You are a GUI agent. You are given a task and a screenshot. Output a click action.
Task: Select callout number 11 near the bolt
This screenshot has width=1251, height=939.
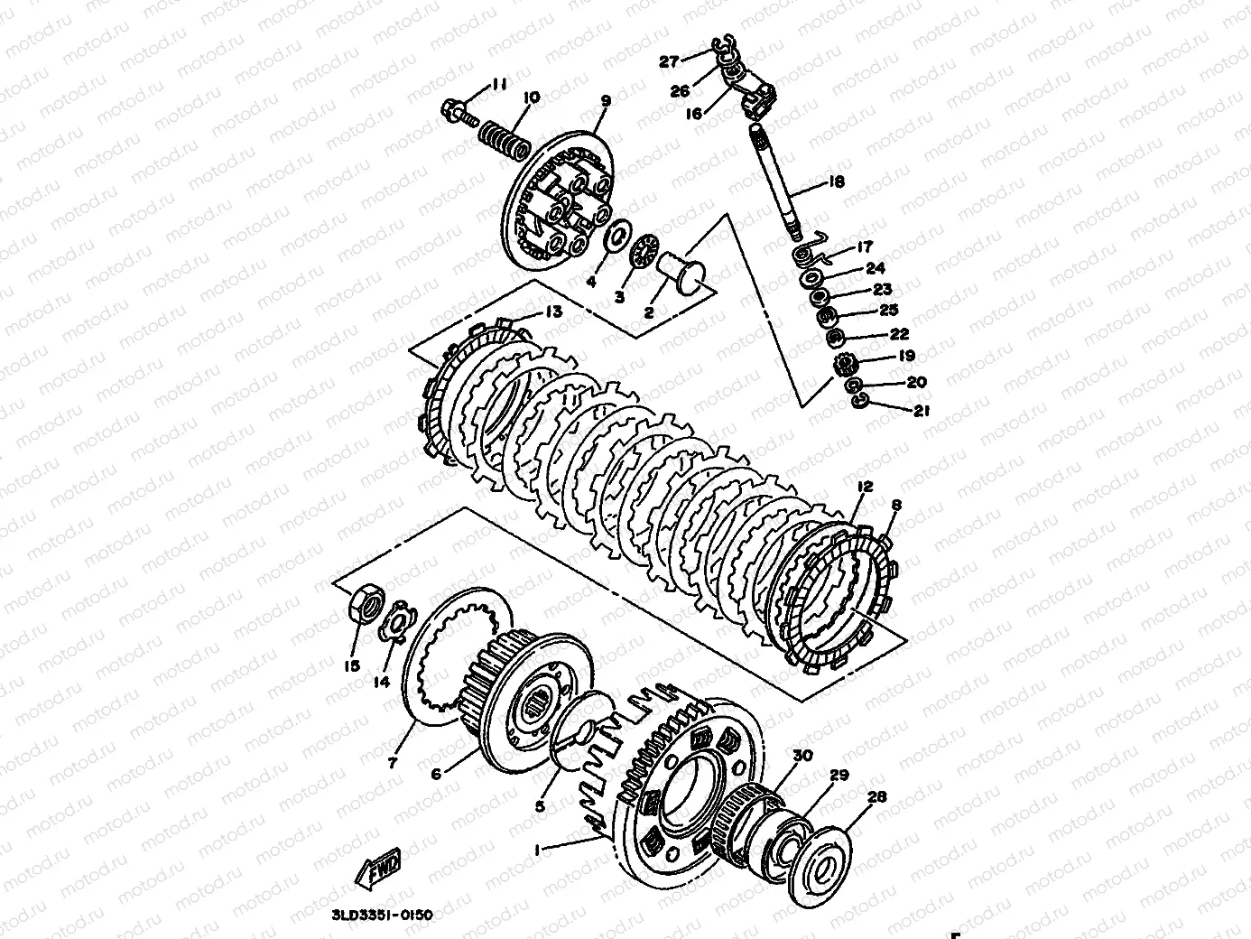click(499, 85)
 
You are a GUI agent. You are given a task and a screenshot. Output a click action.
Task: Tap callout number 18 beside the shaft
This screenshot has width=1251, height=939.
click(836, 181)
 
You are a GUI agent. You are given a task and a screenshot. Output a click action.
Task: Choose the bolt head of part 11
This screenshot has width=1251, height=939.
click(454, 113)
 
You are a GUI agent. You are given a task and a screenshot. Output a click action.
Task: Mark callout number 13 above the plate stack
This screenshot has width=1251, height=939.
click(552, 311)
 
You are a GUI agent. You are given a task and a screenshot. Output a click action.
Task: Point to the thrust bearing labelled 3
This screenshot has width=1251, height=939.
click(643, 250)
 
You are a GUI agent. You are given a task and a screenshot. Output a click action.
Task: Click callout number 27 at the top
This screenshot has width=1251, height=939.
click(669, 61)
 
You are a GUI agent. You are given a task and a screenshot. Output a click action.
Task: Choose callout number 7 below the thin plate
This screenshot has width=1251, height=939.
click(392, 763)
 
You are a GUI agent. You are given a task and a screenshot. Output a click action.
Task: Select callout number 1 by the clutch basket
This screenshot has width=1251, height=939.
click(539, 850)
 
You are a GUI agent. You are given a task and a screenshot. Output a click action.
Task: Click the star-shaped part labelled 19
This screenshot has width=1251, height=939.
click(848, 367)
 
